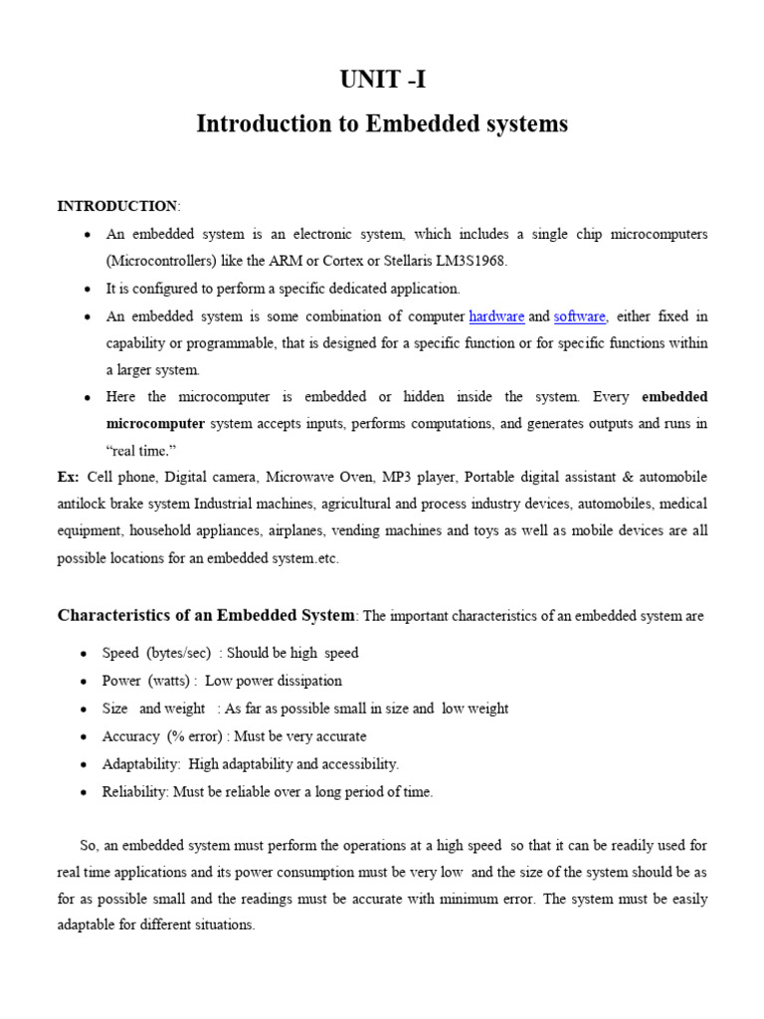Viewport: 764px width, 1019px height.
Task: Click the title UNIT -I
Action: [x=382, y=81]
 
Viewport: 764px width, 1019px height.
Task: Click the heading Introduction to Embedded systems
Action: [x=382, y=124]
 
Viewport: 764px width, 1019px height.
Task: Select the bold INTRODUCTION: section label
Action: [x=118, y=206]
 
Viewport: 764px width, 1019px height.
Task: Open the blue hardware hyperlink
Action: [x=496, y=316]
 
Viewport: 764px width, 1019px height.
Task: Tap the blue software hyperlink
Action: [x=580, y=316]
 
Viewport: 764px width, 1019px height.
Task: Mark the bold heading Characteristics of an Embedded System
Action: [x=206, y=615]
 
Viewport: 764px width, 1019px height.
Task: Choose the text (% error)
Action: [x=195, y=736]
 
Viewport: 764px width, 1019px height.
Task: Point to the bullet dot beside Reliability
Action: [x=84, y=793]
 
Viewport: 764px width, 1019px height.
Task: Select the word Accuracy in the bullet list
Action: [x=130, y=736]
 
